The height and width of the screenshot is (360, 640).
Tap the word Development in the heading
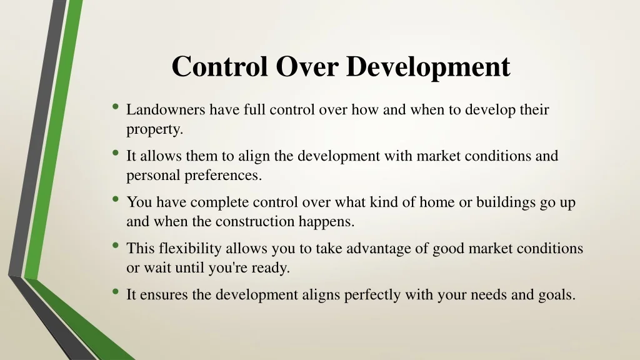point(428,67)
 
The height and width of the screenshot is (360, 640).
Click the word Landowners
point(166,111)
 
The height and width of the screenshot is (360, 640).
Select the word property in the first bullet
point(154,130)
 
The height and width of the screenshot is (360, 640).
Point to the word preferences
point(222,176)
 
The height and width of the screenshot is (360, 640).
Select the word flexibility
point(190,249)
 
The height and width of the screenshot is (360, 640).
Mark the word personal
point(153,176)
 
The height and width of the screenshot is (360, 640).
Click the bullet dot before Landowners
point(116,107)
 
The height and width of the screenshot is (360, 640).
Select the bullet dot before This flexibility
point(116,246)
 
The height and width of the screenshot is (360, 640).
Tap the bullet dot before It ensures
point(116,292)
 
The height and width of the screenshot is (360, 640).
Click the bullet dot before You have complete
point(116,199)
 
